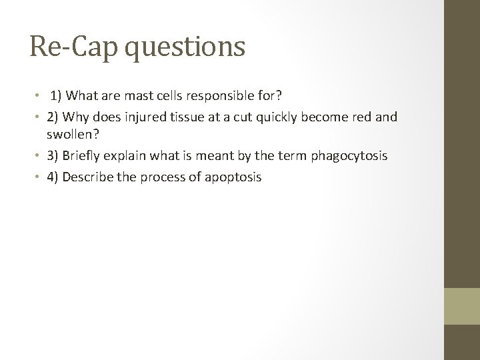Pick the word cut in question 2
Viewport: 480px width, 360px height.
pos(239,117)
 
